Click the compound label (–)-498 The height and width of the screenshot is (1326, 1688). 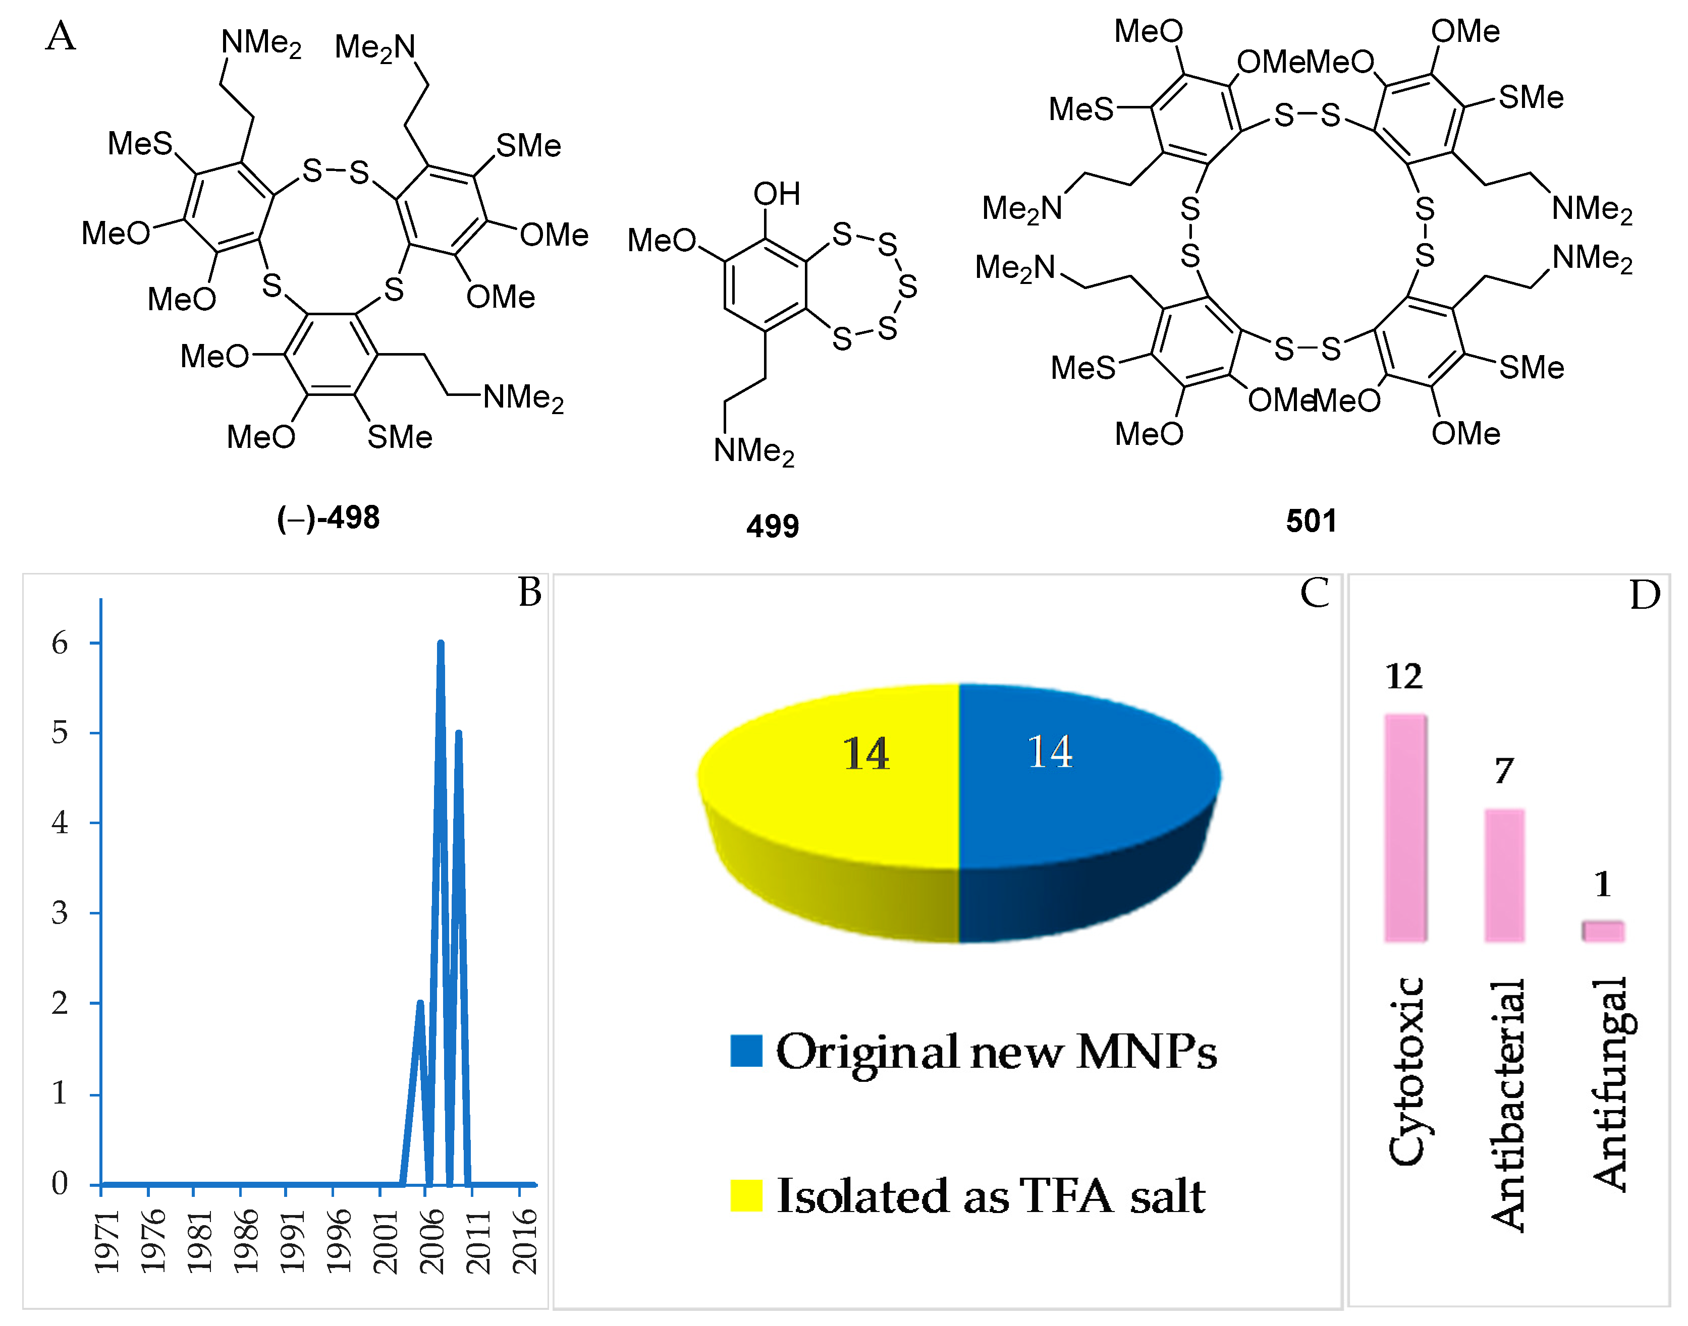click(x=328, y=518)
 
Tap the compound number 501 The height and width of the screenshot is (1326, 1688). click(x=1311, y=521)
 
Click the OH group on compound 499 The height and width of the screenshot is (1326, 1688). click(x=776, y=194)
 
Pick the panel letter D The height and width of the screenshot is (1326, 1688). click(x=1645, y=596)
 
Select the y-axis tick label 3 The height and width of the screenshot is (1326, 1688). click(x=60, y=913)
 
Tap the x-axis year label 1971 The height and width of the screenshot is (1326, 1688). click(x=107, y=1242)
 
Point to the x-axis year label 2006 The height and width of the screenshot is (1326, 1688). click(x=432, y=1242)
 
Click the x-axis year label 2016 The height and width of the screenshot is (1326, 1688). click(x=525, y=1242)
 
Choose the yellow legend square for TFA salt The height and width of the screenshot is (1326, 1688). click(x=746, y=1195)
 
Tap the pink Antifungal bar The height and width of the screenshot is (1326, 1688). click(x=1603, y=931)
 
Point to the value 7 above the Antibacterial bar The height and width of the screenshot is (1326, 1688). click(x=1504, y=771)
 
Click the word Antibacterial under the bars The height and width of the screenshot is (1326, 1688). click(x=1507, y=1106)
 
